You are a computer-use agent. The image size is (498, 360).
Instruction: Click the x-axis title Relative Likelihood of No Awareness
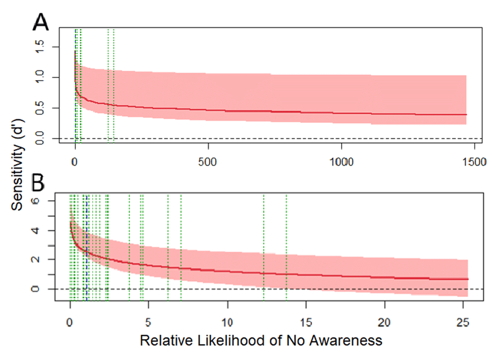coord(261,340)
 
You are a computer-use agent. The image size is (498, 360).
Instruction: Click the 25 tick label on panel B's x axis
coord(464,323)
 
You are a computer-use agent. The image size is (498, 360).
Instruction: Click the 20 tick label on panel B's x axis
coord(385,323)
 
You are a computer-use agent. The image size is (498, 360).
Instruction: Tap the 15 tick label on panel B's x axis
coord(306,323)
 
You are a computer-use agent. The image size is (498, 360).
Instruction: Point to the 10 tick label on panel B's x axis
coord(227,323)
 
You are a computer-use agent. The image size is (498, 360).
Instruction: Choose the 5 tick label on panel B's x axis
coord(149,323)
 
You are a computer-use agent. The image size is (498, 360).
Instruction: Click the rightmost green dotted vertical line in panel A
coord(114,83)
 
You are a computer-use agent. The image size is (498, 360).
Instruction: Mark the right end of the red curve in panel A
coord(466,115)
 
